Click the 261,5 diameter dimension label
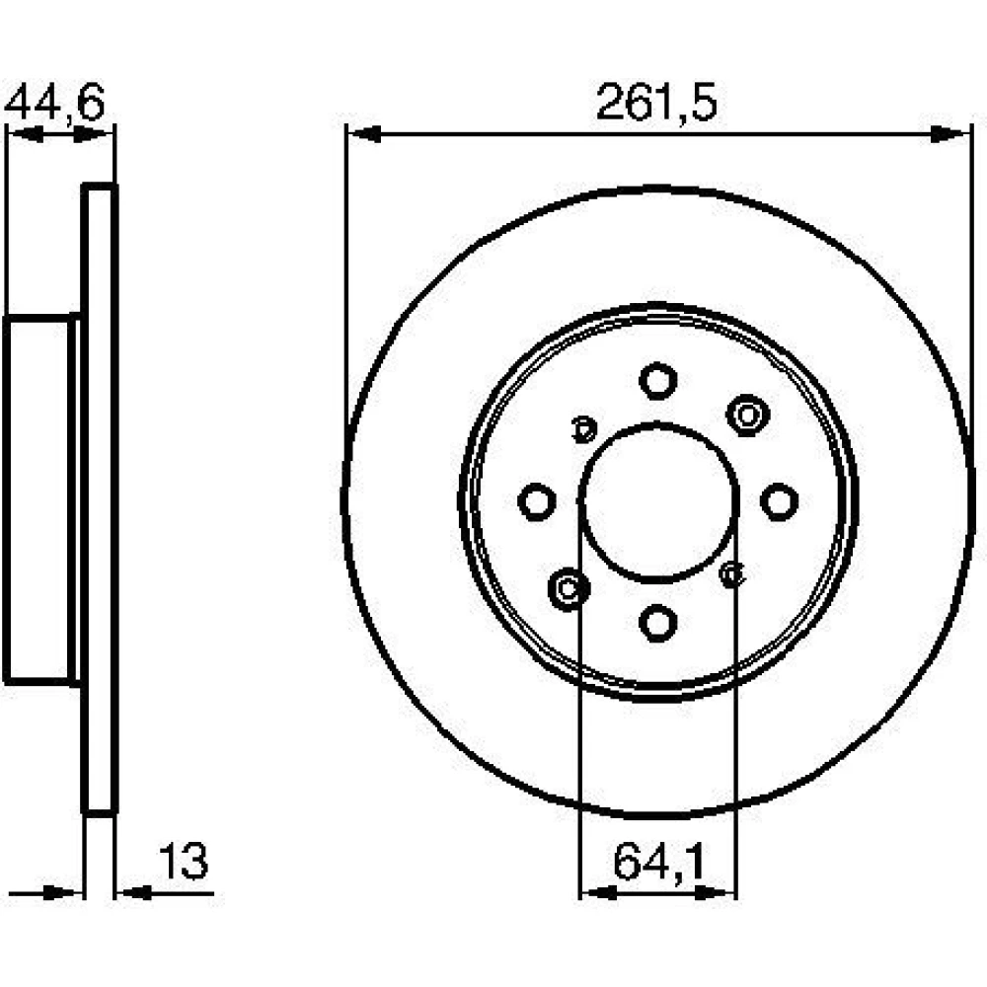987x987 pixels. pyautogui.click(x=656, y=103)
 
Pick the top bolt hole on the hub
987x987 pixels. pyautogui.click(x=657, y=381)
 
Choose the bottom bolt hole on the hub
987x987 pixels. pyautogui.click(x=657, y=623)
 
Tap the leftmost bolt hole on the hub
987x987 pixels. pyautogui.click(x=537, y=501)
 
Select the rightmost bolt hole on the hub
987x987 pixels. pyautogui.click(x=780, y=501)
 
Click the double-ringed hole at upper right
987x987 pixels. pyautogui.click(x=748, y=416)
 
